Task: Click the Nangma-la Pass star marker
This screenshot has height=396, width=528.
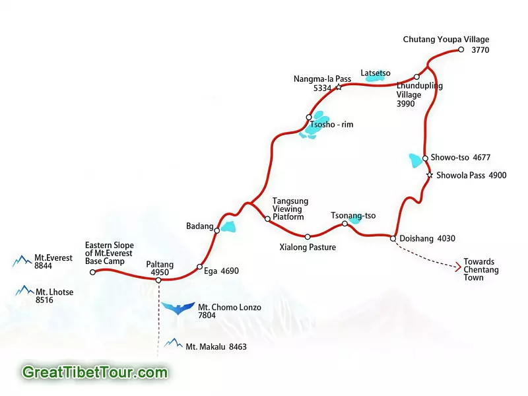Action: pos(339,87)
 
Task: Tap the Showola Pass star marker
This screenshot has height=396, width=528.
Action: pos(430,176)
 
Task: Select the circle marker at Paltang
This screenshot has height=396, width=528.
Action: pos(158,280)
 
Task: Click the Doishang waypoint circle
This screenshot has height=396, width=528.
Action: pos(393,238)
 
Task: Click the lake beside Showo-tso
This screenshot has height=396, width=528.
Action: pos(416,160)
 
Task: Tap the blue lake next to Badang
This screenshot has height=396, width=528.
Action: pos(228,227)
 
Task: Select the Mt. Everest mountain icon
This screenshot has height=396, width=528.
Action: pos(22,262)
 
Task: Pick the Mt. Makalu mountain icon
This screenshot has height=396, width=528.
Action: pos(174,343)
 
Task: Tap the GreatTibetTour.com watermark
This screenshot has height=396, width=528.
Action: pos(94,372)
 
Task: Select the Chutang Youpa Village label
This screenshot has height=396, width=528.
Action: pos(446,40)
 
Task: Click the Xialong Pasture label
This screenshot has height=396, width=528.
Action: pos(308,247)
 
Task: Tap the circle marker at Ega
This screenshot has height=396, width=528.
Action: pos(199,267)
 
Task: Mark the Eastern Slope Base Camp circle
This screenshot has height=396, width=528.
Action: pos(92,272)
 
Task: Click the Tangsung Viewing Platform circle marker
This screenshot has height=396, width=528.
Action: pos(267,218)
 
